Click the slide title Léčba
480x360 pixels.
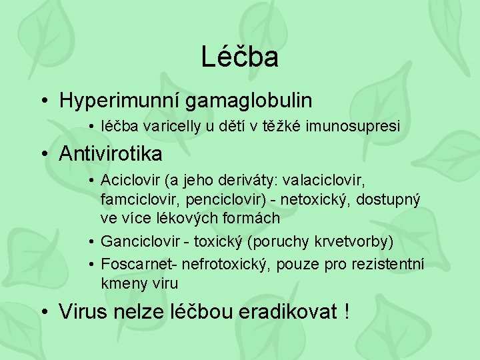tap(239, 57)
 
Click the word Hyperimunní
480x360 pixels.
tap(120, 101)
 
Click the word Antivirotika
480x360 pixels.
tap(110, 154)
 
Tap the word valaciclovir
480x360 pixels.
tap(327, 180)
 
